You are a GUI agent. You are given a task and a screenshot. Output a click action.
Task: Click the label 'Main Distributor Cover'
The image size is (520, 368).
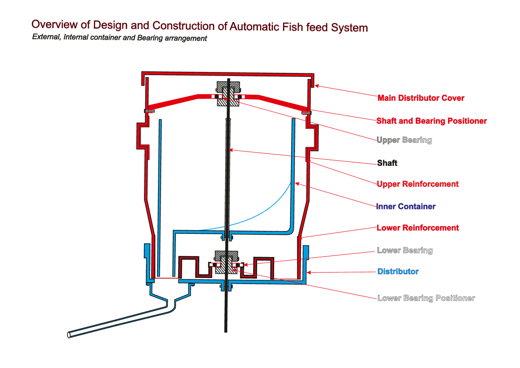(421, 98)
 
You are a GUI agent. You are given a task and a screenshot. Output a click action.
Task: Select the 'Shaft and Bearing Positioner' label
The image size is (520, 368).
(431, 121)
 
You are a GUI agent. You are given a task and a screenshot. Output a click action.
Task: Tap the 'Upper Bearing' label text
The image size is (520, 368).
(404, 140)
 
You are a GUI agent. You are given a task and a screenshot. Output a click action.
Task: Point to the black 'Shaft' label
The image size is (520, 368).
(387, 163)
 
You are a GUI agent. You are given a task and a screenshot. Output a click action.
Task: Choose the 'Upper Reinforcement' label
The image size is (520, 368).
(418, 184)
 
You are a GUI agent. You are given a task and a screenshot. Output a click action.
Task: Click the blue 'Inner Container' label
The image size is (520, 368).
(406, 207)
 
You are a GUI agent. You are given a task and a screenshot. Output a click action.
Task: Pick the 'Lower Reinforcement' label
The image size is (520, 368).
(418, 228)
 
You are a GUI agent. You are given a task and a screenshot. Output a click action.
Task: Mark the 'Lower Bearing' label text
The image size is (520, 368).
(405, 250)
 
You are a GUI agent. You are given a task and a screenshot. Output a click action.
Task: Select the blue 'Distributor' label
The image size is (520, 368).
(398, 271)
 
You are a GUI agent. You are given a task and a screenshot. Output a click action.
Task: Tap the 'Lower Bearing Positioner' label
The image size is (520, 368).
(426, 298)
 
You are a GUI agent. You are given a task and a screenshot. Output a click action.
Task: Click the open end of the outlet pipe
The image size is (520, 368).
(69, 335)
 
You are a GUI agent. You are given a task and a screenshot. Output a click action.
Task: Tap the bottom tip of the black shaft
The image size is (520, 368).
(226, 331)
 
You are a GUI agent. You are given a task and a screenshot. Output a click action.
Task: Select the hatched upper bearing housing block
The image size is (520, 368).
(227, 93)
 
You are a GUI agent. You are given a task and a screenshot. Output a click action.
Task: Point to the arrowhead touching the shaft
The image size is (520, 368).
(230, 150)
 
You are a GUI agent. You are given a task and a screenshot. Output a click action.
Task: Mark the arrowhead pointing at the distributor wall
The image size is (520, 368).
(308, 272)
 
